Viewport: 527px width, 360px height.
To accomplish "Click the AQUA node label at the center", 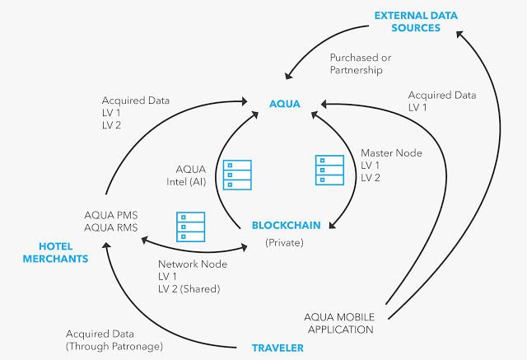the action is [285, 104].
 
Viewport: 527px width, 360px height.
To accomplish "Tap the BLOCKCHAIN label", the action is [286, 225].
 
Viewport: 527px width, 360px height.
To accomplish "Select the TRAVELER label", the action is [277, 348].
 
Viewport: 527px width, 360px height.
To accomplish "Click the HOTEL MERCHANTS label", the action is [55, 252].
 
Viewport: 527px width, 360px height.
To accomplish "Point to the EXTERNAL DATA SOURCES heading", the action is [416, 21].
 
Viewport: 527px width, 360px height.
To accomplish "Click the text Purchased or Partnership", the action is [361, 64].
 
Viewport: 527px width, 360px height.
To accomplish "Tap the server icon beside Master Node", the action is [329, 170].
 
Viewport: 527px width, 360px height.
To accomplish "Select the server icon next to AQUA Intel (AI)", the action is [237, 175].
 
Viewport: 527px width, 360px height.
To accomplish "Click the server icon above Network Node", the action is [190, 227].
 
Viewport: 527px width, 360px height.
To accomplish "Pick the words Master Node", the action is [391, 153].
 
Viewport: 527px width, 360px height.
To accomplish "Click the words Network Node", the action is [193, 264].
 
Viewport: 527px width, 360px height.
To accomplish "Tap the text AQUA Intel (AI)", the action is [186, 175].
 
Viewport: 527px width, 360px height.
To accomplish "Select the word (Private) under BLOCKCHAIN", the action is [284, 243].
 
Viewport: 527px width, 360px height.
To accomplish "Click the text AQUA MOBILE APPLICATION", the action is [339, 324].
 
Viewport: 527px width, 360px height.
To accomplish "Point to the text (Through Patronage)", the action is [114, 346].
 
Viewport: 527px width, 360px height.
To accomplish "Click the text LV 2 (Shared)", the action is [189, 288].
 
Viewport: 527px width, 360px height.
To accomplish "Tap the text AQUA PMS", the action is [111, 215].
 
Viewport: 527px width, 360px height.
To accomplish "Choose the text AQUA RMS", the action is [111, 227].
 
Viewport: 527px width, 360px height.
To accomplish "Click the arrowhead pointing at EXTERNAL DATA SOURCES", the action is [459, 35].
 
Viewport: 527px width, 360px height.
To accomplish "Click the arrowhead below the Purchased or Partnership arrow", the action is [288, 76].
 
